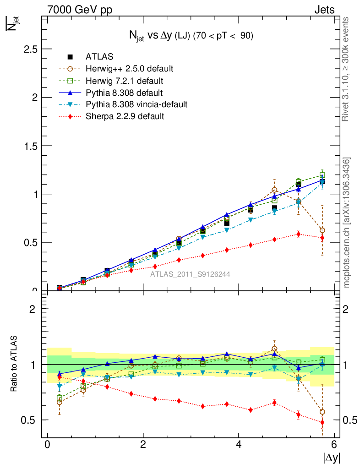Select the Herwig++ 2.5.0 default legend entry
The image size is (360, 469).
129,69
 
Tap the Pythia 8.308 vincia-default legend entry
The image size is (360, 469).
136,104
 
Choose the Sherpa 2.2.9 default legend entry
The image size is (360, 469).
125,116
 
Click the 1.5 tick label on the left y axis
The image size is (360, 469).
30,146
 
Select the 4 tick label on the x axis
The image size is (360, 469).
239,445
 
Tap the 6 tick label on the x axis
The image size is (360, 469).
334,445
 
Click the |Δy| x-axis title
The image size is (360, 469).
332,457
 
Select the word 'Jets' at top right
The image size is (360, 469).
324,10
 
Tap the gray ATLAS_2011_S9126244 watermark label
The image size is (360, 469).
190,274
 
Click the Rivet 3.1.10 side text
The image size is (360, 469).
346,69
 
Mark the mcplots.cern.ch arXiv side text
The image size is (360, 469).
347,223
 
